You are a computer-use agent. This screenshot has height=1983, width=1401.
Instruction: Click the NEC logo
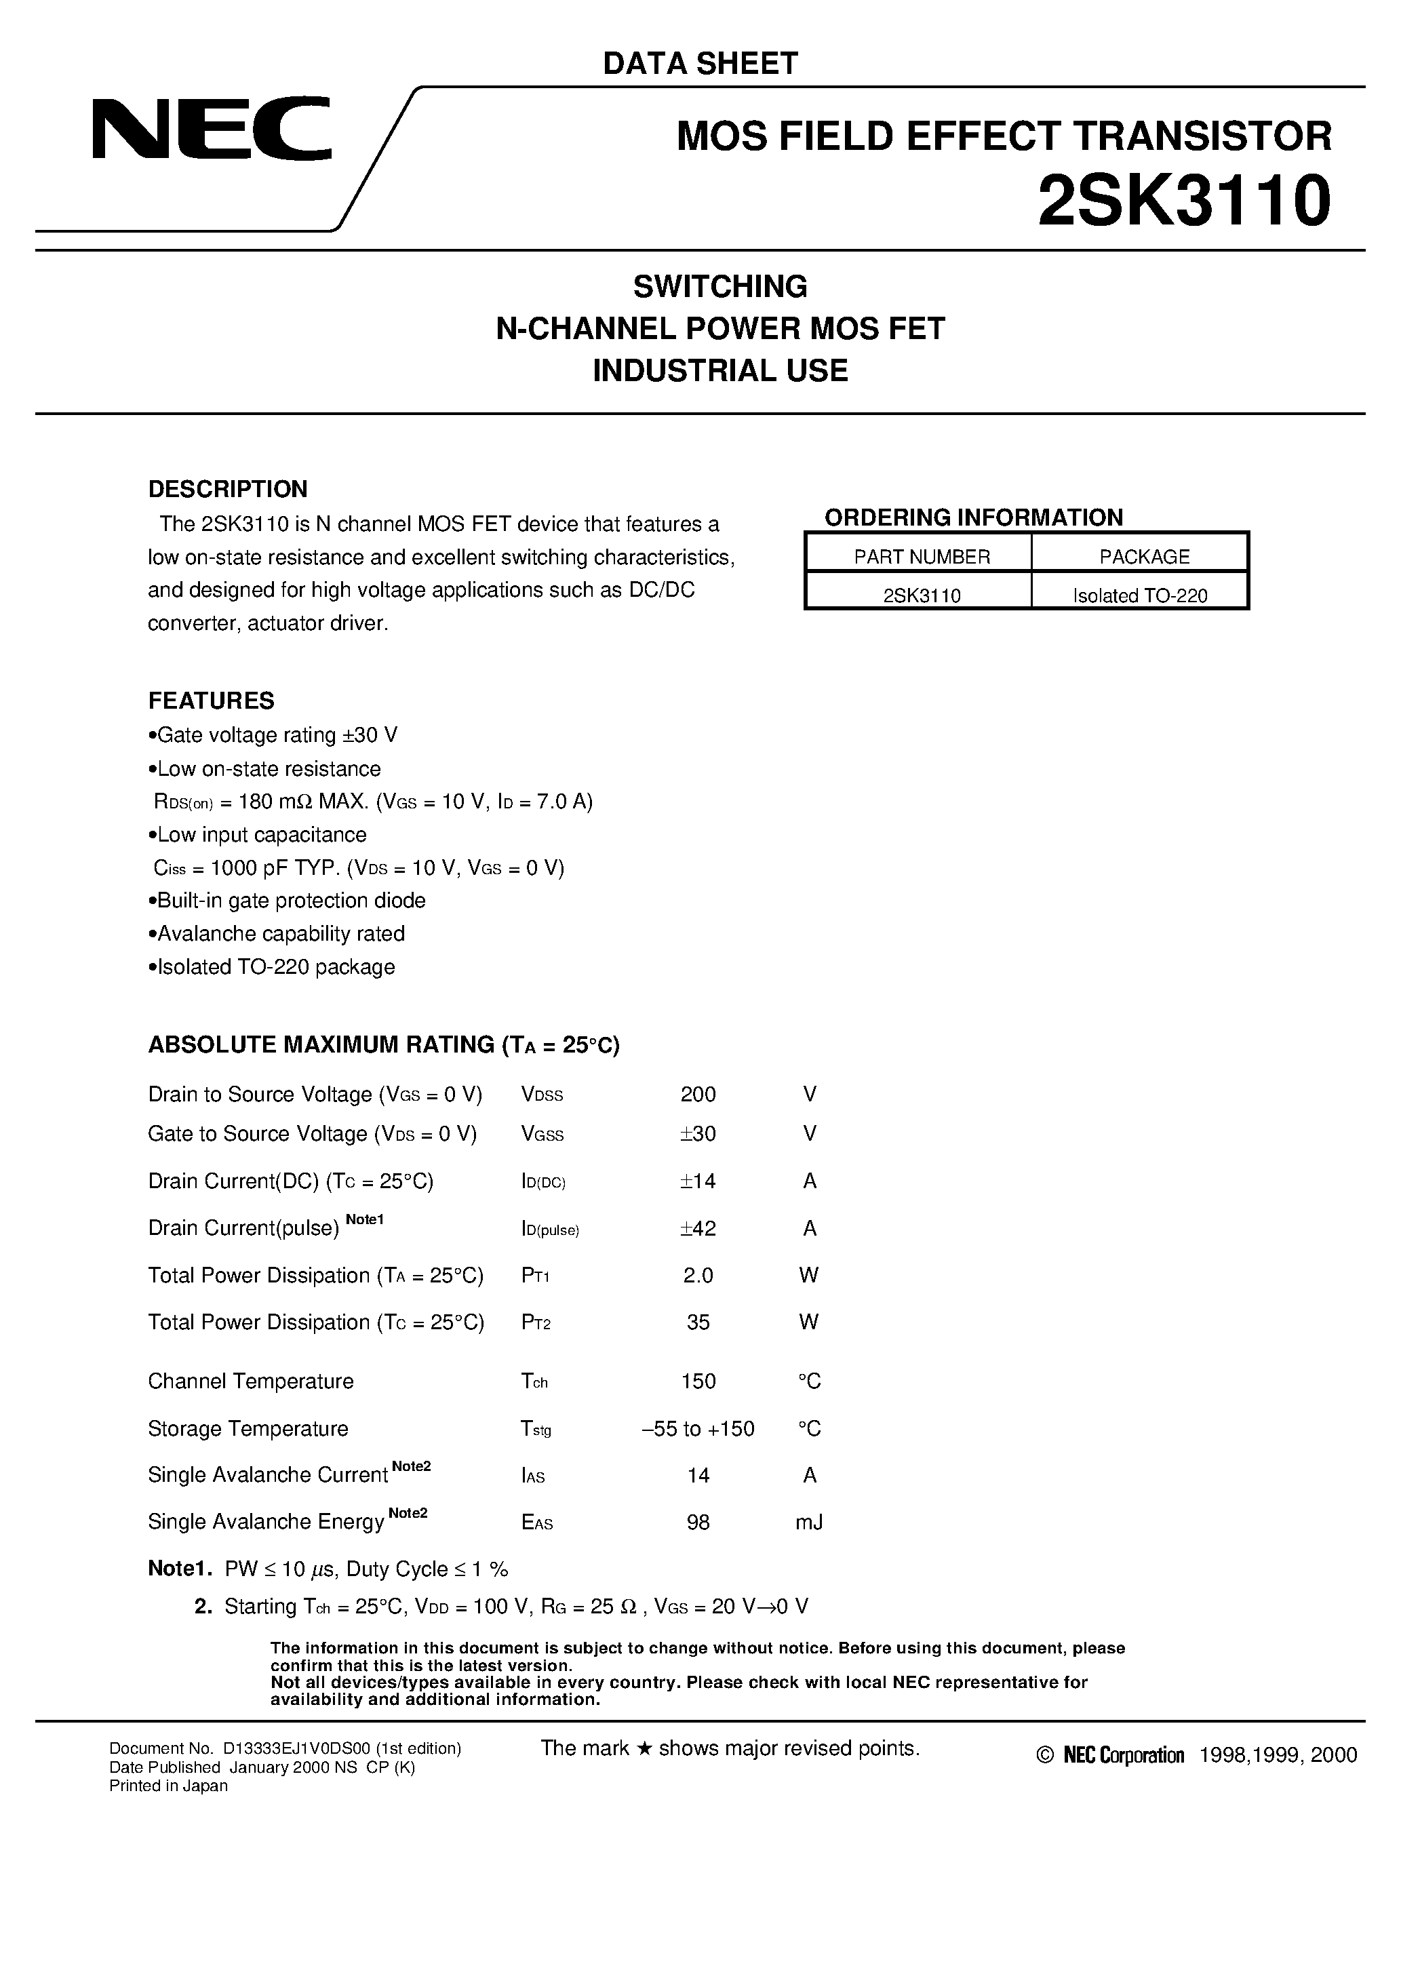(212, 129)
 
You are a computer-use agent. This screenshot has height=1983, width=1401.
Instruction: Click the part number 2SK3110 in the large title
(1183, 200)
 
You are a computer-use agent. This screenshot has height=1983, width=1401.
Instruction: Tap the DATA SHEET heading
(700, 63)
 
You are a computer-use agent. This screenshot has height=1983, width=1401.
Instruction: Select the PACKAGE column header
(1143, 557)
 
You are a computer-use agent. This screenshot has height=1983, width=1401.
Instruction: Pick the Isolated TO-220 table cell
(1139, 595)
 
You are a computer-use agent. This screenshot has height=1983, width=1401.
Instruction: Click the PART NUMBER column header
(922, 557)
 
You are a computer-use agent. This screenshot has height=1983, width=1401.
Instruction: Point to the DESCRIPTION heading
(228, 489)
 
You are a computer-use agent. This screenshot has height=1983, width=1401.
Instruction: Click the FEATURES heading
(212, 701)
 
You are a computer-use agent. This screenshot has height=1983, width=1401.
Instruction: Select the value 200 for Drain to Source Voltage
(698, 1095)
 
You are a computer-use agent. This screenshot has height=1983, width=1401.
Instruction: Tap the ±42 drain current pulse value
(698, 1228)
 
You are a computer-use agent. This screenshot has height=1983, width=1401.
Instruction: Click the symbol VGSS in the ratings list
(542, 1134)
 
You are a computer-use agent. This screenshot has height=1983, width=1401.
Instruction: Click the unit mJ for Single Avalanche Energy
(808, 1523)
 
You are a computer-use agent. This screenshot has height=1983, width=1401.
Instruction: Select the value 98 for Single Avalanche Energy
(698, 1523)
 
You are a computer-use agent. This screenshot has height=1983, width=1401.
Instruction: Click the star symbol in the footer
(644, 1749)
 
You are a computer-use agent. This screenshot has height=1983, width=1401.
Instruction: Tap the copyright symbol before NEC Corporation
(1045, 1755)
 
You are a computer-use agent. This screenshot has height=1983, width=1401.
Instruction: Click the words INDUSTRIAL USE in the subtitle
(720, 370)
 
